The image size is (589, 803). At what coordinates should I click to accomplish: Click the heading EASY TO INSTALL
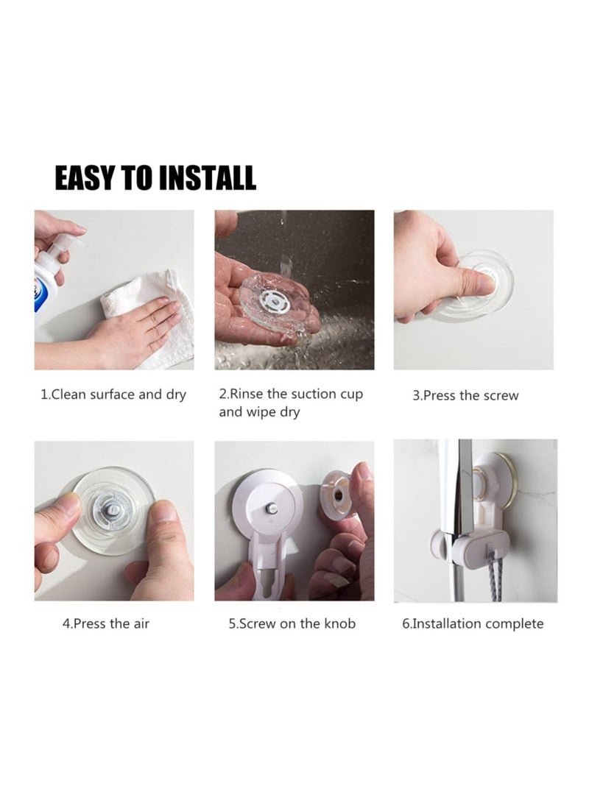tap(155, 178)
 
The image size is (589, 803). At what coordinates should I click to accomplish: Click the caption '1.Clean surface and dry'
tap(113, 395)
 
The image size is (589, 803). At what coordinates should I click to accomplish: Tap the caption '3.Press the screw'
tap(465, 395)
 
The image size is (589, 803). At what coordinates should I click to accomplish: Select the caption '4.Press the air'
tap(106, 623)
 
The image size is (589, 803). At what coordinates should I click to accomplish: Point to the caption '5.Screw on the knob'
tap(292, 623)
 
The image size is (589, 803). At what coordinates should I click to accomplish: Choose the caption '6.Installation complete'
tap(473, 623)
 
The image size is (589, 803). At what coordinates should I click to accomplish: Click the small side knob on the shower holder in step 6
tap(437, 547)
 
